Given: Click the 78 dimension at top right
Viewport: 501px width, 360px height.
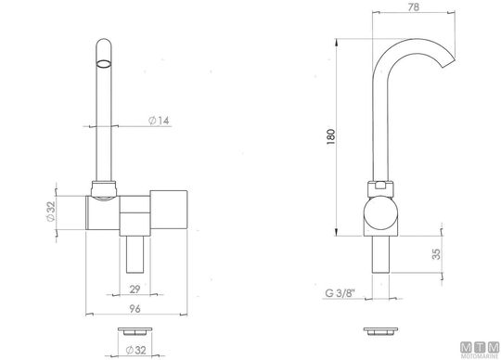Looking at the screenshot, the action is point(414,7).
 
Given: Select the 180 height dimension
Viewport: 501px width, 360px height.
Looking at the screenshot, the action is point(331,136).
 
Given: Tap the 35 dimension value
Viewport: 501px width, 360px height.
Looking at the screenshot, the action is point(436,254).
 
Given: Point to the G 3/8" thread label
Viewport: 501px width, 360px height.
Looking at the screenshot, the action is point(340,293).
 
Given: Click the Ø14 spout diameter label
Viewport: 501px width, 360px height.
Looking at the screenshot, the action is point(159,121).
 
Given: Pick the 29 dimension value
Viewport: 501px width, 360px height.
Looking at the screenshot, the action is point(135,289).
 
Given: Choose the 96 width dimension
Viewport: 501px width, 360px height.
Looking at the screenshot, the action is point(135,309).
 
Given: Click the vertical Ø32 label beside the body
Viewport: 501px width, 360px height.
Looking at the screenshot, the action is point(51,212).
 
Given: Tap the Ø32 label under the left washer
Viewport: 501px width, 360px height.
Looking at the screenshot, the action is point(135,350).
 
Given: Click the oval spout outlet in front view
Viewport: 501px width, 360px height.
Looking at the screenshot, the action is point(104,64).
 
